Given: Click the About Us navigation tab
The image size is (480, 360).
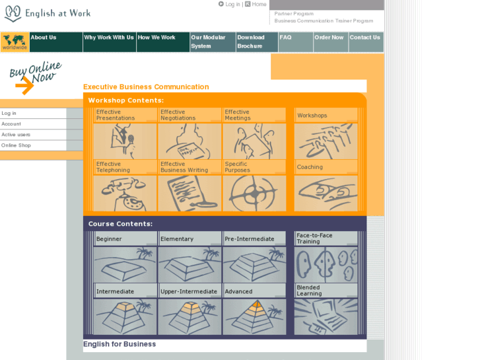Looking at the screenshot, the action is tap(56, 42).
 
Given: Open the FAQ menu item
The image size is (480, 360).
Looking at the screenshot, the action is tap(296, 42).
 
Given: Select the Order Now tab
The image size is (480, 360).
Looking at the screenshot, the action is tap(331, 42).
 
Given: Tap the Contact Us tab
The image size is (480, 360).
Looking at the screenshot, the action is tap(366, 42).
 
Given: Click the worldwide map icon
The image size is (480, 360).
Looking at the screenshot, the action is tap(15, 42).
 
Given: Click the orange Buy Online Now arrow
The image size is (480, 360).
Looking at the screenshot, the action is tap(25, 85).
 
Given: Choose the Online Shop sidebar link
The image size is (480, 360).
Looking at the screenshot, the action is tap(16, 145).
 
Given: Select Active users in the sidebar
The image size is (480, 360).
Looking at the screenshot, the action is tap(16, 135).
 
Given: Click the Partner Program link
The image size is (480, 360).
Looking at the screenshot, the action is tap(294, 14).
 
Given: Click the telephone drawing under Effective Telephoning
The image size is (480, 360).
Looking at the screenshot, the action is tap(125, 194).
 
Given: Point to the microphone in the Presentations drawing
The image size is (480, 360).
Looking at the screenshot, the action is tap(131, 139).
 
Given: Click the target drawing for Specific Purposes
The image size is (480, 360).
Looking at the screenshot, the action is tap(254, 194).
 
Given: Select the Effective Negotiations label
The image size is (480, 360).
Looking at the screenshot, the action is tap(178, 115).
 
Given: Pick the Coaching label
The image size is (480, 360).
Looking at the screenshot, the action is tap(310, 167).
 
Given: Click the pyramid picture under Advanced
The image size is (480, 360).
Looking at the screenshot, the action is tap(254, 317).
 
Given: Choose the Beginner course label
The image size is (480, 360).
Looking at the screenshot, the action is tap(109, 239).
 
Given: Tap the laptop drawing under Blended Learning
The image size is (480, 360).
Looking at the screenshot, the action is tap(326, 317).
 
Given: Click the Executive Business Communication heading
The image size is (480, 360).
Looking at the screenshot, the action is tap(146, 87).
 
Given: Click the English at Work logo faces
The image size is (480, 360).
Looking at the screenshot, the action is tap(13, 13).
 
